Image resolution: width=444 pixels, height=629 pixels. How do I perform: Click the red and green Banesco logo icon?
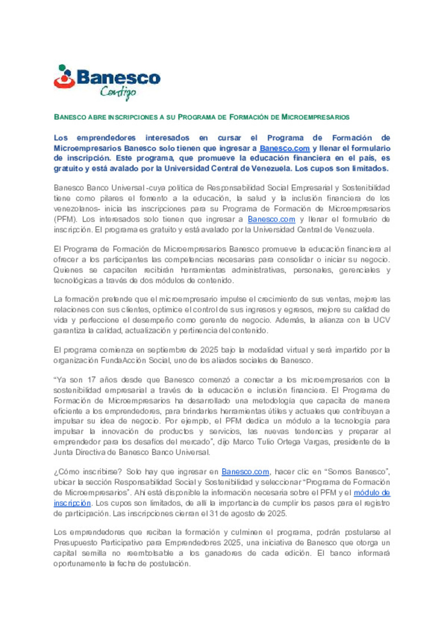64,77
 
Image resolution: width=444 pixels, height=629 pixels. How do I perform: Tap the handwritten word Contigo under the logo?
118,92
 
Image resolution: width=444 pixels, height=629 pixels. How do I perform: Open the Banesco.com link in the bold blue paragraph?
284,148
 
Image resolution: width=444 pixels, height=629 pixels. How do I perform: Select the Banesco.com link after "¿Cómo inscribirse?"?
245,472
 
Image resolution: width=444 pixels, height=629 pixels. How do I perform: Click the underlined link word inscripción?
72,503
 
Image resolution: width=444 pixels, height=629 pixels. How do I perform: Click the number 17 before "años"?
91,380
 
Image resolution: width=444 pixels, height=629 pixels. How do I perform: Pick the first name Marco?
243,442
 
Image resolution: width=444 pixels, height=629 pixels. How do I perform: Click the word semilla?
94,553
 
